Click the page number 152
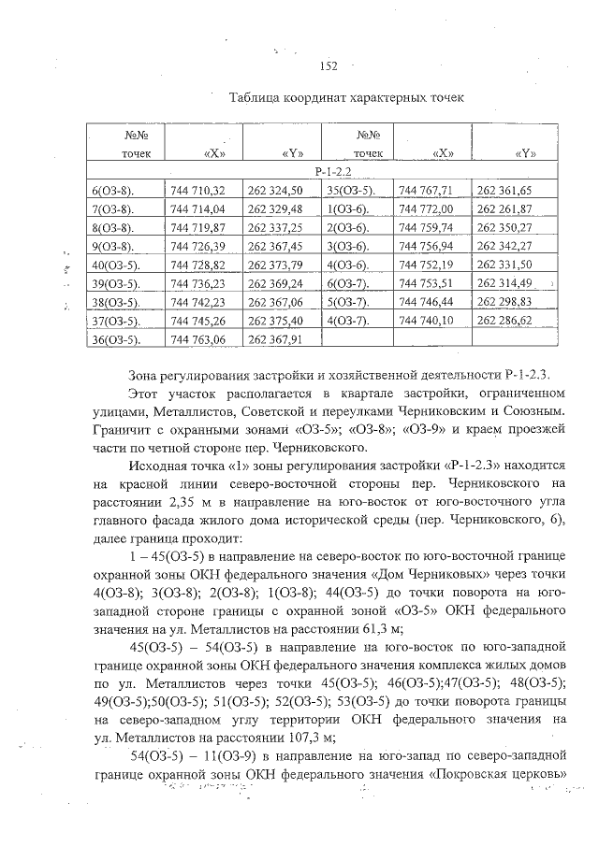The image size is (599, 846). tap(328, 65)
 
